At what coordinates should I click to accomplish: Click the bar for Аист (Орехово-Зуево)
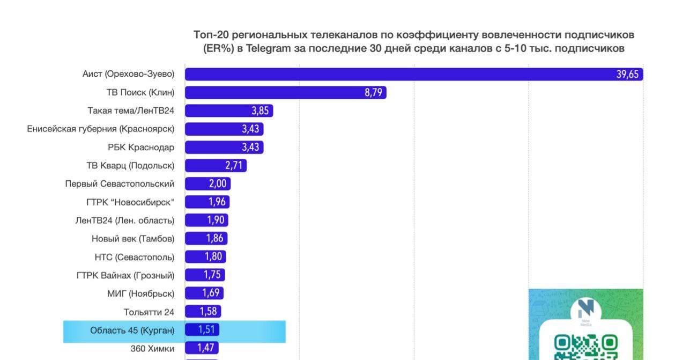413,74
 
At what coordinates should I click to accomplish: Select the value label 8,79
373,92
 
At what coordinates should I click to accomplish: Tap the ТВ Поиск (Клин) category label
140,92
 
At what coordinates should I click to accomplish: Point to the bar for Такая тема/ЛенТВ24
229,111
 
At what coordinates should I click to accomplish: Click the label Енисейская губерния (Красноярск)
101,129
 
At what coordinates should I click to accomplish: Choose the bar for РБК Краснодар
224,147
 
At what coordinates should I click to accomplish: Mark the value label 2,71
234,165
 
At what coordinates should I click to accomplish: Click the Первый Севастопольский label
120,183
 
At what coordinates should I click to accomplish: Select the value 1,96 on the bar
218,202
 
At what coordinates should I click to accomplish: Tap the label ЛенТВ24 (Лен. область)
125,220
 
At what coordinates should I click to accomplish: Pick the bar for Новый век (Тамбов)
206,238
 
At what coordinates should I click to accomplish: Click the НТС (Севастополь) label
134,256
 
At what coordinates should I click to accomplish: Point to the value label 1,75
212,275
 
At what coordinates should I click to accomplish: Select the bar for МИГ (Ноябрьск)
204,293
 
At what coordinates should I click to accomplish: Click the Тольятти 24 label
149,312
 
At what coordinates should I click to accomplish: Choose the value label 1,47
206,348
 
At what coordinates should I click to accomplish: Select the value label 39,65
627,74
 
